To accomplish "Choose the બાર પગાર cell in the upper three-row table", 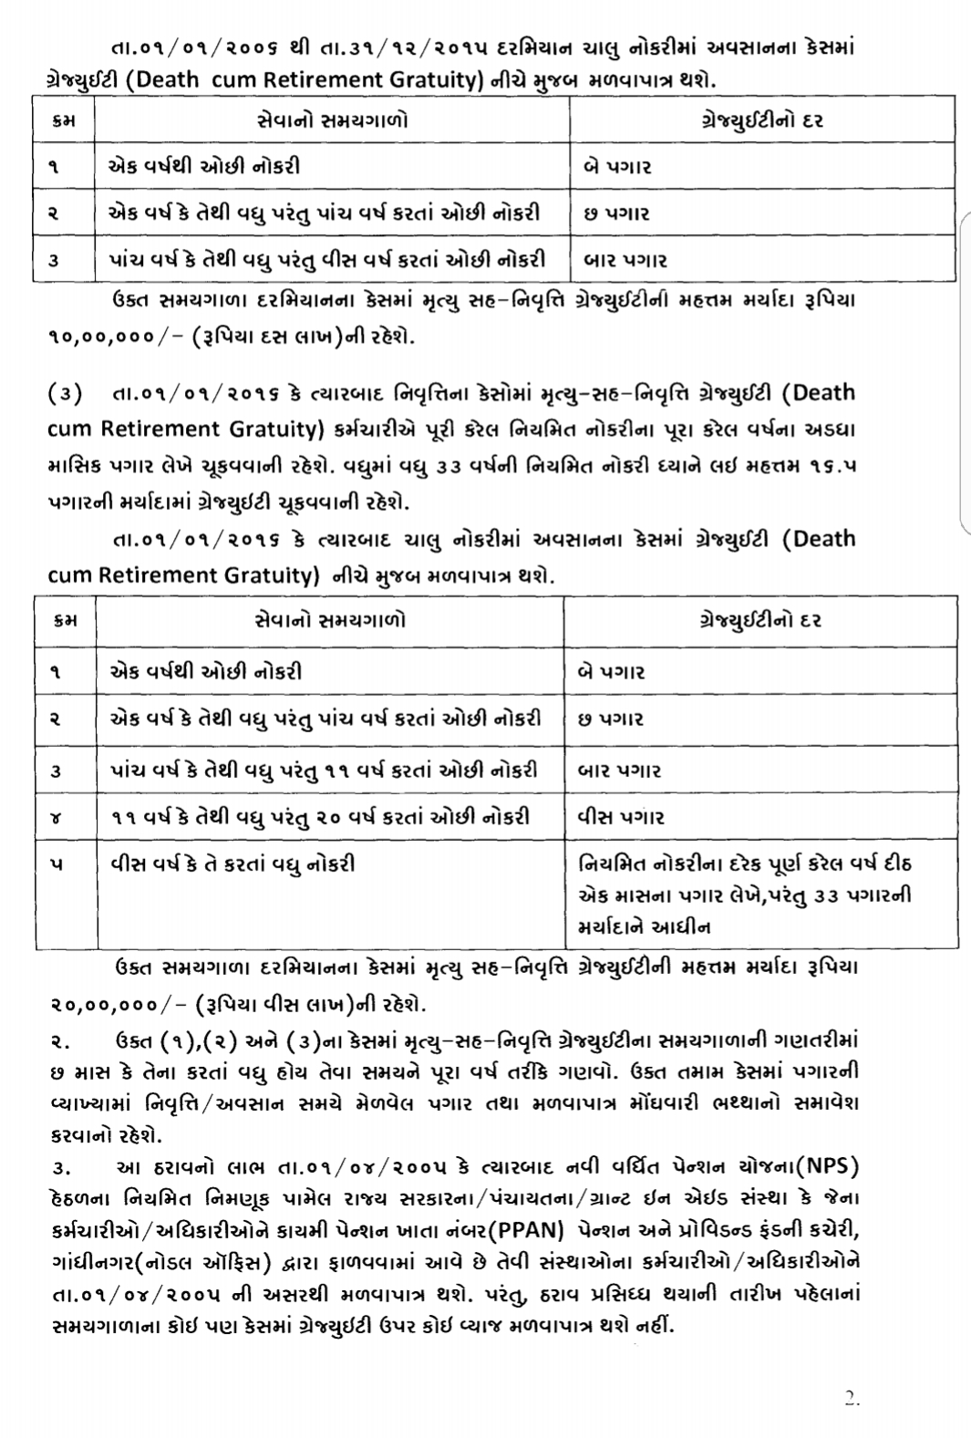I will pos(625,260).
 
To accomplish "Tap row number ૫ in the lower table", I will pos(57,864).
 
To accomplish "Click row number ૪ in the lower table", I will pos(57,817).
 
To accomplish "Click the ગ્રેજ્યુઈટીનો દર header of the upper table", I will pos(762,119).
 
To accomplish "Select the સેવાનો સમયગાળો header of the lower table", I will pos(330,620).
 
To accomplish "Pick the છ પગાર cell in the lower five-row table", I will pos(611,719).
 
